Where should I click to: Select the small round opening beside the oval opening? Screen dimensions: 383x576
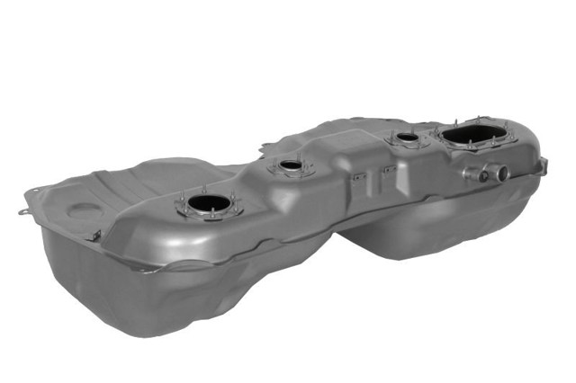[408, 138]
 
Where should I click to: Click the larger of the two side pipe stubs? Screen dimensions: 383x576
[497, 172]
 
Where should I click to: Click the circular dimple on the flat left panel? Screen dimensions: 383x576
[86, 211]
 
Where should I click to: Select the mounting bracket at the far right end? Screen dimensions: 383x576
[542, 165]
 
